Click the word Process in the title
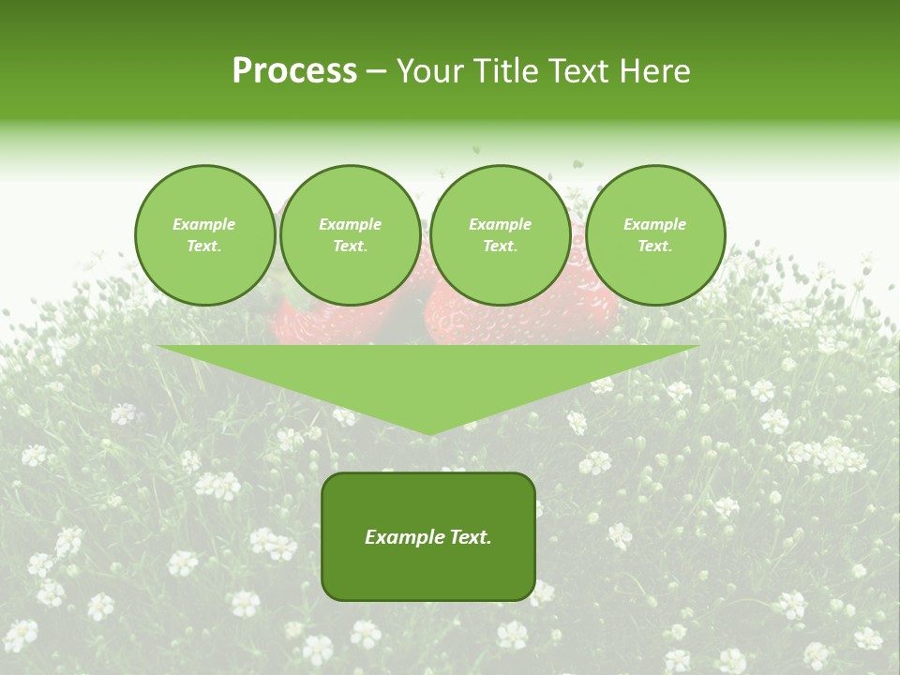point(294,71)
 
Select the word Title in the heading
point(503,71)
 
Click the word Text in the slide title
point(577,71)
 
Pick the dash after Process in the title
point(377,72)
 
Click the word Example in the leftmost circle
point(204,224)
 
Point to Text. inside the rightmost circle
point(654,247)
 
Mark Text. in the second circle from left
point(350,247)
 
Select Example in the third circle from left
point(500,224)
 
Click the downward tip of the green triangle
point(429,430)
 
